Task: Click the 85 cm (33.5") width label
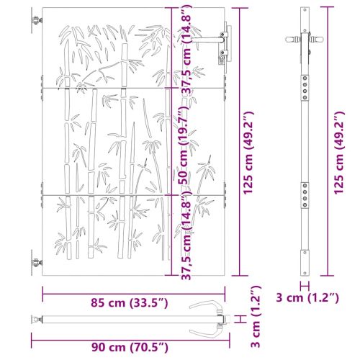pos(129,303)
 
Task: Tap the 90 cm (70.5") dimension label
pos(130,347)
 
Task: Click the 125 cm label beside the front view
pos(248,153)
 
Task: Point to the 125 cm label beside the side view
pos(339,153)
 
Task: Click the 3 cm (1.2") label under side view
pos(307,298)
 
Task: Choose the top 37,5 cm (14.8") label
pos(186,49)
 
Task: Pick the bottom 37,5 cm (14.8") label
pos(186,235)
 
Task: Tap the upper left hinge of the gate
pos(37,20)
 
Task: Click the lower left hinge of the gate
pos(37,263)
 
